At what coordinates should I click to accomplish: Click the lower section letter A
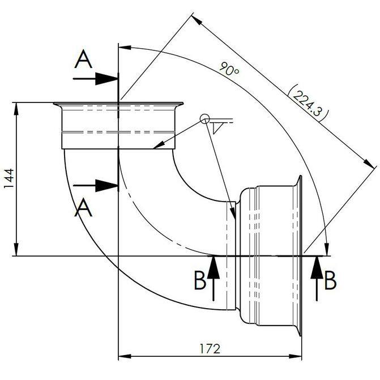click(83, 208)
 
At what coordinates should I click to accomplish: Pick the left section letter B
click(200, 280)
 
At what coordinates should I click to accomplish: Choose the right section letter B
click(331, 280)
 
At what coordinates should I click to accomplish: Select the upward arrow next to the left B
click(214, 277)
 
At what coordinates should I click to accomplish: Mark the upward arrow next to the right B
click(315, 277)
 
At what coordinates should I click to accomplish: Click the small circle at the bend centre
click(204, 119)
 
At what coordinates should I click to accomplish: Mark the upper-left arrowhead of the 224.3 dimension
click(197, 19)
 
